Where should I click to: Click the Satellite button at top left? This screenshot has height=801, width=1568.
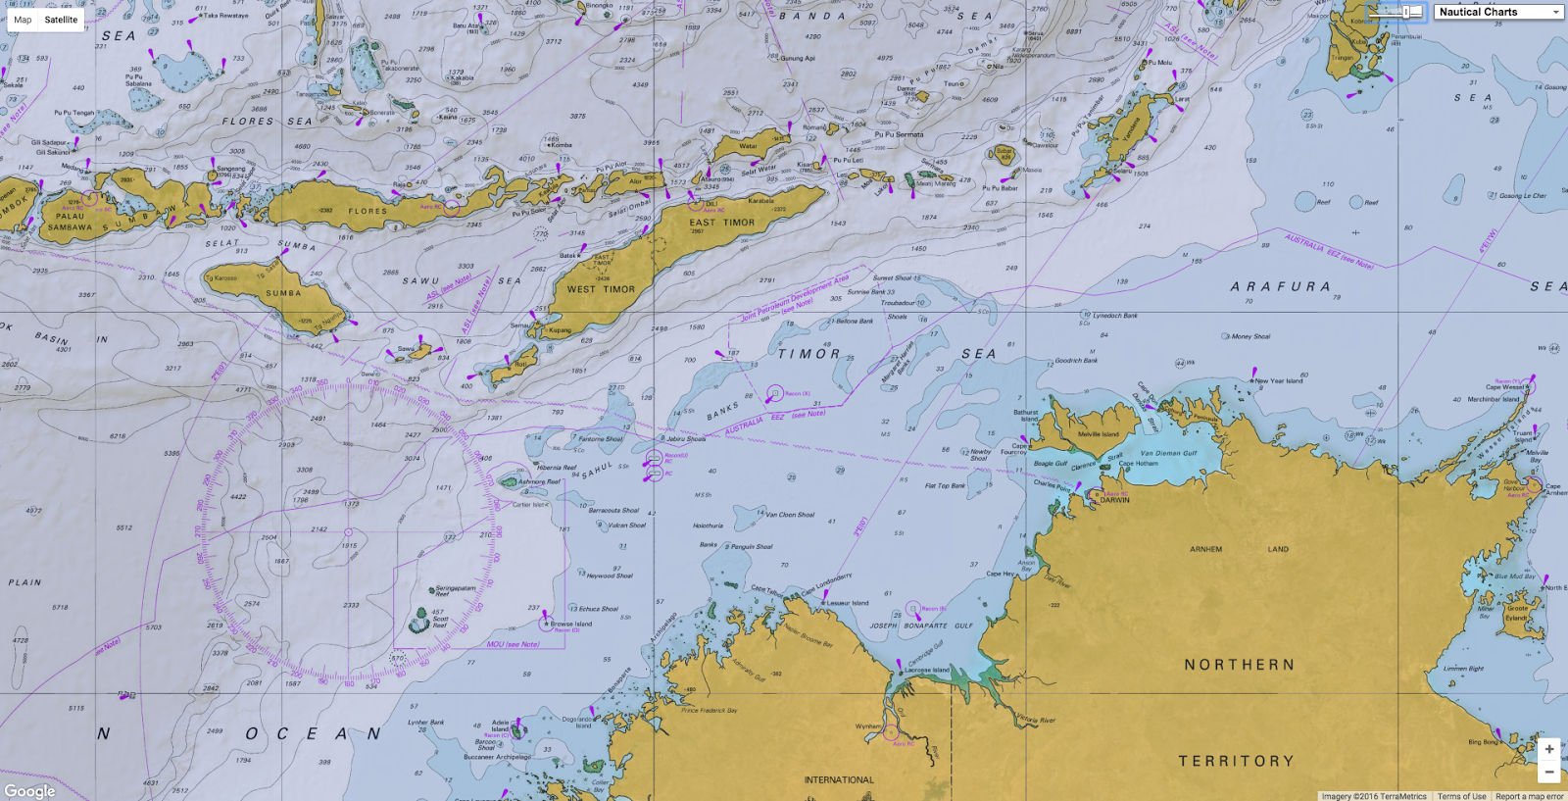tap(61, 20)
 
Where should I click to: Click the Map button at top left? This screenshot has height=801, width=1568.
tap(23, 20)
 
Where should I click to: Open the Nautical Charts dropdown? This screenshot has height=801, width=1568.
tap(1498, 12)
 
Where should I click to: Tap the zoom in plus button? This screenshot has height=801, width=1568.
tap(1549, 749)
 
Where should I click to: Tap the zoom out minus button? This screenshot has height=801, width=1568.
tap(1549, 773)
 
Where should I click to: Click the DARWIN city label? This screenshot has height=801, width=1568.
tap(1114, 500)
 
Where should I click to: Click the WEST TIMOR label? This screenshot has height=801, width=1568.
tap(601, 289)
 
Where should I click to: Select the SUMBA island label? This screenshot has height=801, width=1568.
tap(283, 293)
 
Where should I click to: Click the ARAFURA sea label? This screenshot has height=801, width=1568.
tap(1281, 286)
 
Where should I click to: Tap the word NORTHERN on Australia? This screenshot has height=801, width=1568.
tap(1240, 665)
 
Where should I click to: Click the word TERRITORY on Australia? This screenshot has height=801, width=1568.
tap(1236, 761)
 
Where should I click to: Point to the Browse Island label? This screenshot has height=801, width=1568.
tap(570, 624)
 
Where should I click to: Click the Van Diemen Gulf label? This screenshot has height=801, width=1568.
tap(1168, 453)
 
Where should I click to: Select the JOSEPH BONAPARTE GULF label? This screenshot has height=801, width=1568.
tap(921, 625)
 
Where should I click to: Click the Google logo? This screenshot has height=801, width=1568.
tap(29, 791)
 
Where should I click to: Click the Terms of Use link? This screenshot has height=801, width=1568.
tap(1461, 796)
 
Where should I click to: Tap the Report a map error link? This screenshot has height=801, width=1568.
tap(1529, 796)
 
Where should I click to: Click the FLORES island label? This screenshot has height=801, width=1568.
tap(367, 211)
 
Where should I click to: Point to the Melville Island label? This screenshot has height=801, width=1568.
tap(1098, 433)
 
